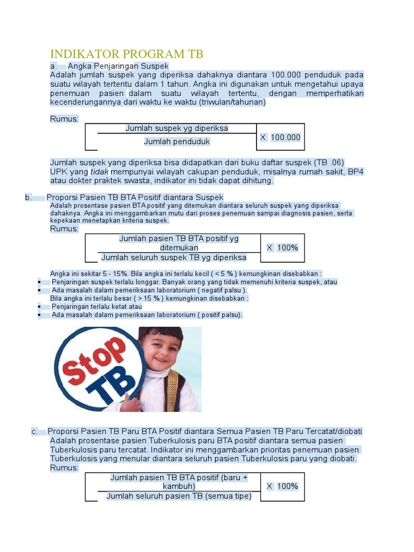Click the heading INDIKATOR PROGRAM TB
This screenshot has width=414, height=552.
pos(126,54)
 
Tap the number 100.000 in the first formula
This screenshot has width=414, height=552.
pos(285,137)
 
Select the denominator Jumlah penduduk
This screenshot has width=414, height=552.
pos(177,141)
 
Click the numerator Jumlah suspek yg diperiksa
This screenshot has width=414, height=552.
pos(177,128)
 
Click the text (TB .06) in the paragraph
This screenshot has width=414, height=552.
pos(329,162)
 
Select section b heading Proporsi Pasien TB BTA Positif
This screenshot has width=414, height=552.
pos(135,197)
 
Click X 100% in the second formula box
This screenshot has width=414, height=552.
pos(282,247)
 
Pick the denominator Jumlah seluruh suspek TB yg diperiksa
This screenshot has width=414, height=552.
pos(174,257)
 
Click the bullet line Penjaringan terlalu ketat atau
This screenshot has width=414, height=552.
pos(97,306)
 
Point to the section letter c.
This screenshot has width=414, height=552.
pos(34,431)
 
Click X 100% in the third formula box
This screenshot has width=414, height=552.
pos(282,486)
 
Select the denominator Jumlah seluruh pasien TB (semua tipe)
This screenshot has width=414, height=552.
pos(179,496)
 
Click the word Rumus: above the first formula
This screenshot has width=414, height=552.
pos(64,119)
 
